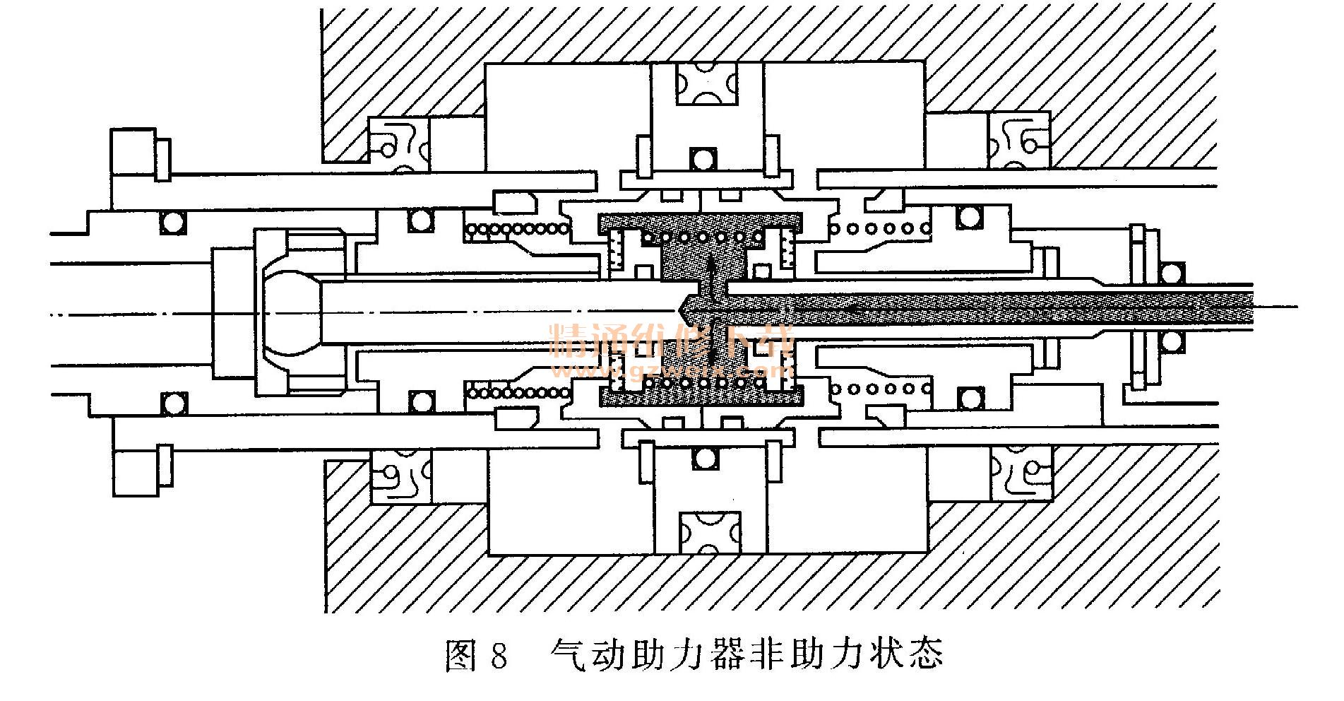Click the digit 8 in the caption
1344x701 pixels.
[x=497, y=656]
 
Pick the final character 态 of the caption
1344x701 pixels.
[x=925, y=656]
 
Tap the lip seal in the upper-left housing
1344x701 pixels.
[x=400, y=145]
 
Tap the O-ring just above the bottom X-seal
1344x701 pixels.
[x=703, y=458]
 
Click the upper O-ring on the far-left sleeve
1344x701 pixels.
[x=172, y=222]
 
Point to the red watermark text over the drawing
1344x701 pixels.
[x=674, y=350]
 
